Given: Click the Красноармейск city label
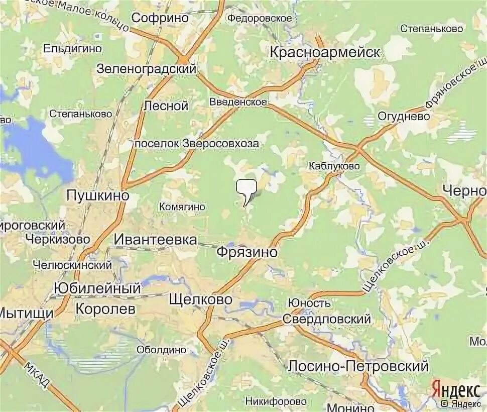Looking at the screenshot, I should click(x=325, y=52).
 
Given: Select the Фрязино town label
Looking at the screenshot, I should click(x=247, y=252).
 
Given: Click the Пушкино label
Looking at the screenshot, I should click(x=98, y=196).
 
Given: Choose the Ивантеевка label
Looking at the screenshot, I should click(x=155, y=239).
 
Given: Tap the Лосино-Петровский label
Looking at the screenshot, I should click(x=358, y=366).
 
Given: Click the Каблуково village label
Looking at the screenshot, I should click(x=334, y=165).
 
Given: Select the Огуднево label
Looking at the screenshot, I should click(x=404, y=116).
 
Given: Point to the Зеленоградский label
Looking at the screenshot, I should click(x=146, y=69).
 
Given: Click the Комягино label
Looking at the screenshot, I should click(x=182, y=207).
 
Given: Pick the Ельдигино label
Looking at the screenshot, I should click(x=73, y=49).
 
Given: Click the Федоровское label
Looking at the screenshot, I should click(x=260, y=18).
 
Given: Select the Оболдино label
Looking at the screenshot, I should click(x=162, y=349).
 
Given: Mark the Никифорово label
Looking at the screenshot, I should click(x=276, y=401).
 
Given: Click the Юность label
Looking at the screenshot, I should click(x=309, y=303).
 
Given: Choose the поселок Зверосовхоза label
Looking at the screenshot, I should click(x=197, y=144).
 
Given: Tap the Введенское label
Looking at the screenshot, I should click(x=238, y=102).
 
